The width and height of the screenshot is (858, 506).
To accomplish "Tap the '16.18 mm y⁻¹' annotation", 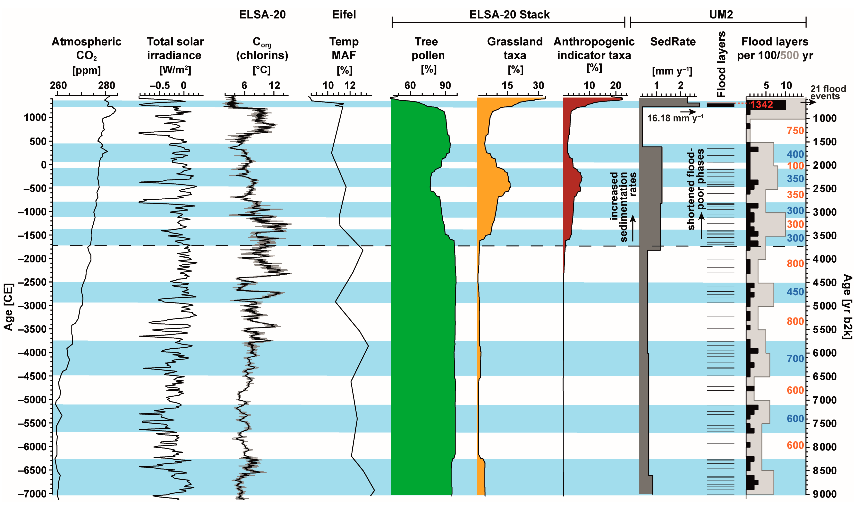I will pos(675,118).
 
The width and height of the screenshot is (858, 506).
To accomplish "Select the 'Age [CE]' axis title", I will pos(9,307).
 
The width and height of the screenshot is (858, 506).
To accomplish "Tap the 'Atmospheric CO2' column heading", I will pos(86,48).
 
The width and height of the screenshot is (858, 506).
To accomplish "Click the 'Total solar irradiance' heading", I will pos(175,48).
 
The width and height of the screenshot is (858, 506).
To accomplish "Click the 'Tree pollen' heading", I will pos(428,48).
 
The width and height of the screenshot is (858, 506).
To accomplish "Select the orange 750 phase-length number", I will pos(795,131).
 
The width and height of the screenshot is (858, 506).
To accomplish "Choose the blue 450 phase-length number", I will pos(795,292).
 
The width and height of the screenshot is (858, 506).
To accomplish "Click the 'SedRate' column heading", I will pos(672,42).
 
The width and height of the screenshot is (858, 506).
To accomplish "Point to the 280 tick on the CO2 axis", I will pos(106,85).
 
